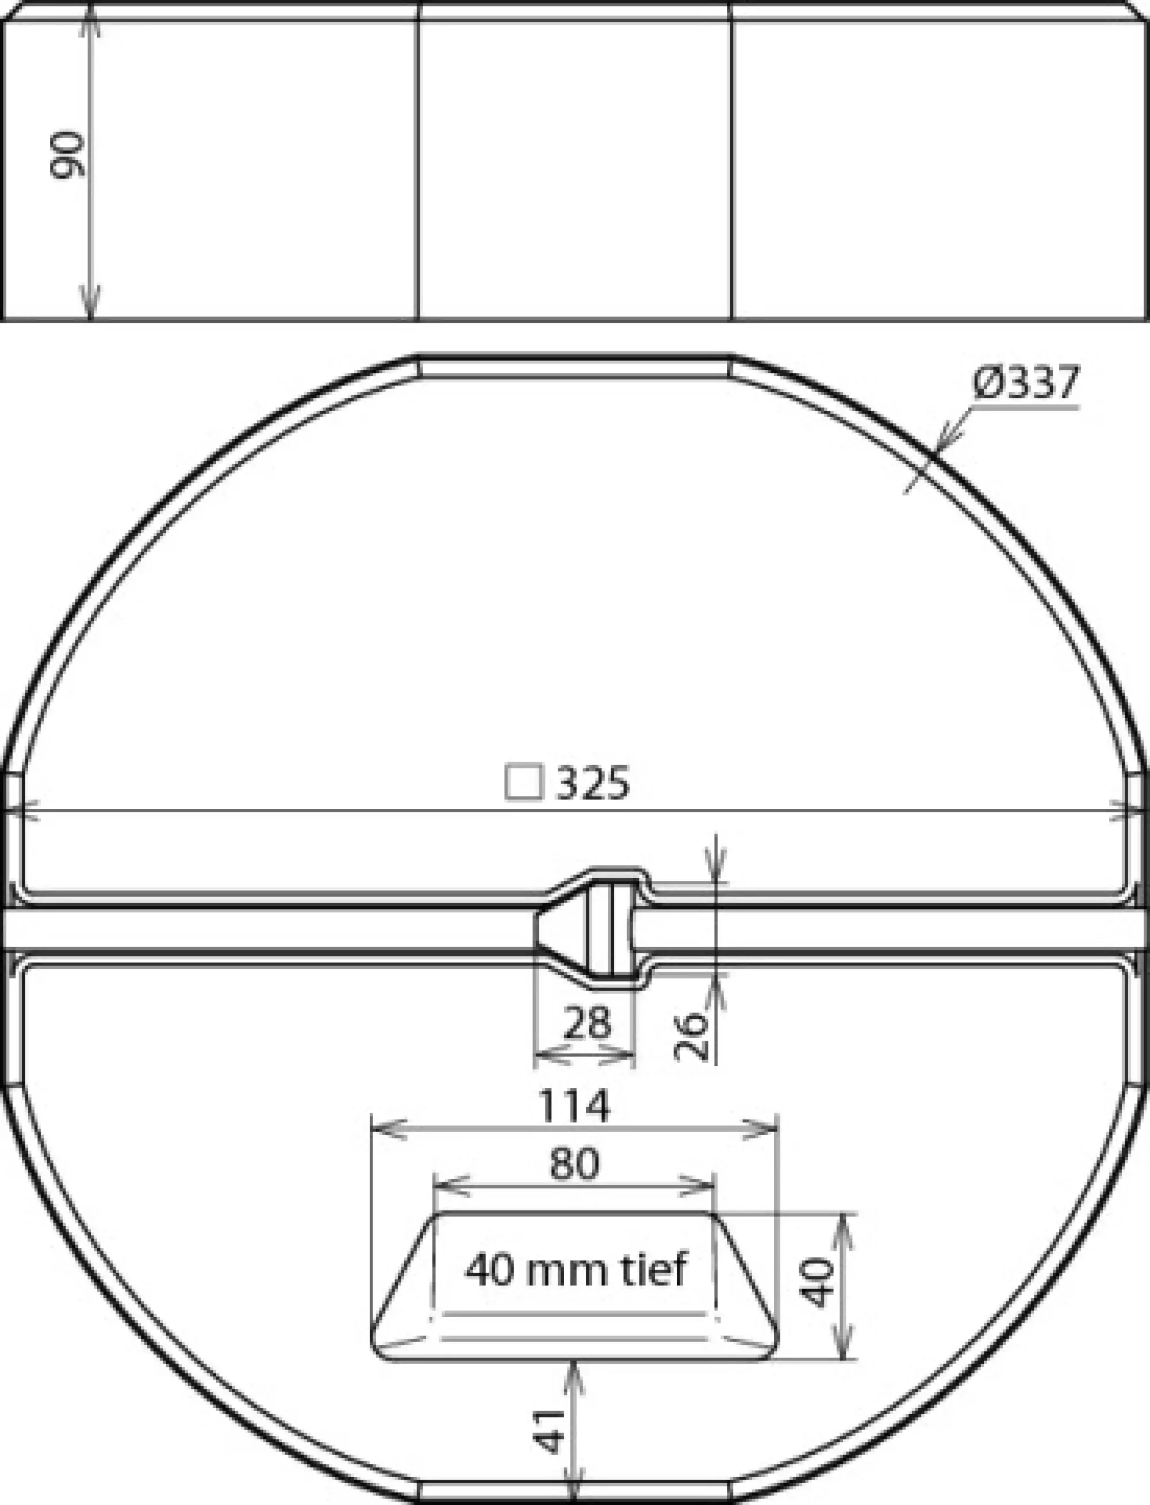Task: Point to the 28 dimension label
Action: coord(586,1023)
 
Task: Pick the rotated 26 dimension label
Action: coord(691,1037)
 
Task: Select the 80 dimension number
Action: coord(574,1163)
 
